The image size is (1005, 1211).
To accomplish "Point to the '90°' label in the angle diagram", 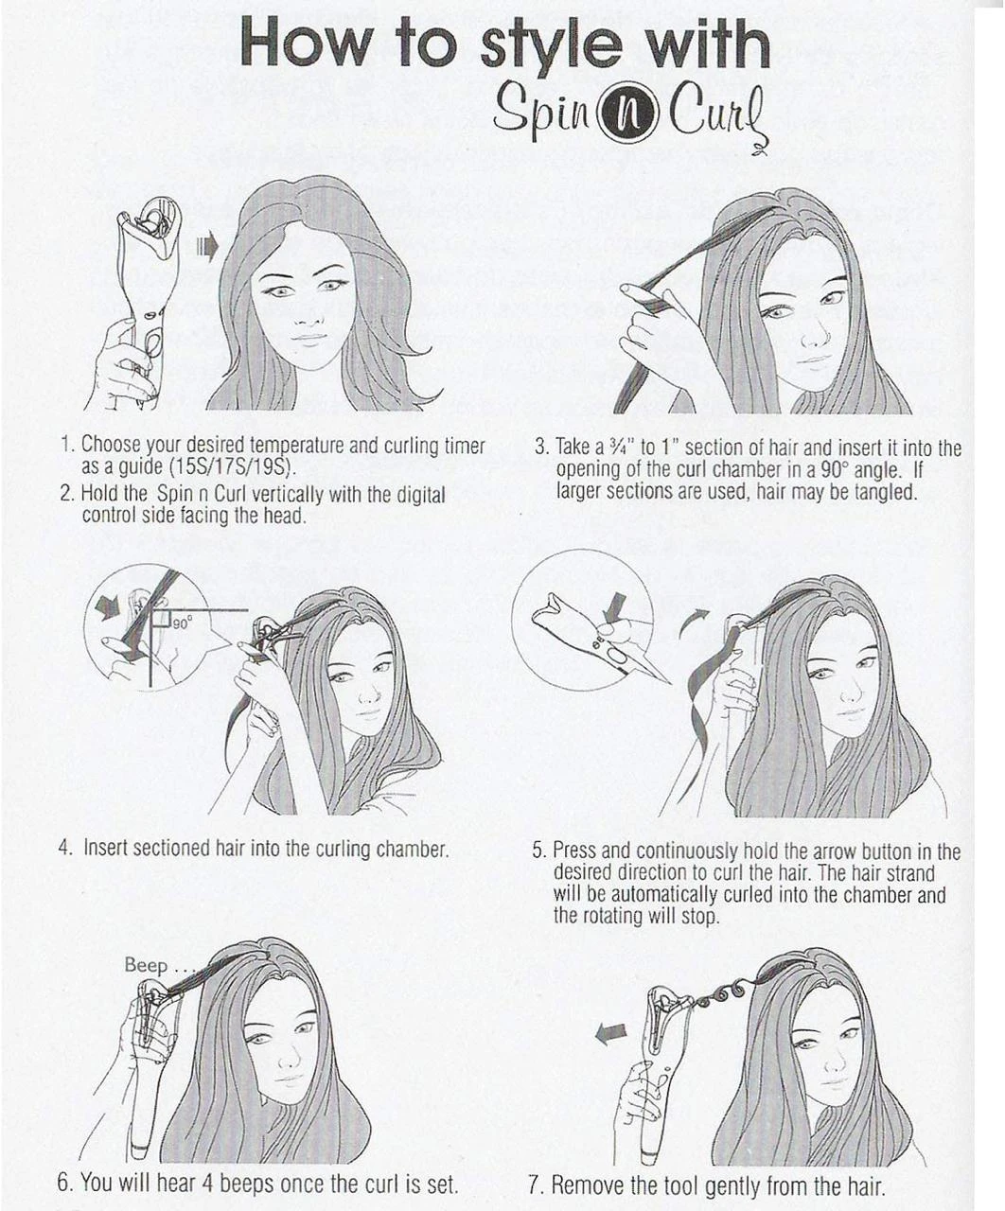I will [x=182, y=623].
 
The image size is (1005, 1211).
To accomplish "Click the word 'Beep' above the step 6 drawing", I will [x=146, y=965].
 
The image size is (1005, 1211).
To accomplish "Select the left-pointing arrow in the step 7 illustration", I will [x=609, y=1035].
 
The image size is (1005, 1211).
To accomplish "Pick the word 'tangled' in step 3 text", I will [x=885, y=493].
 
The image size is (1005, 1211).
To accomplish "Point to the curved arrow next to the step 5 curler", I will [x=695, y=623].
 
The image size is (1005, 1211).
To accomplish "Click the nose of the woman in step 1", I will [x=305, y=316].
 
